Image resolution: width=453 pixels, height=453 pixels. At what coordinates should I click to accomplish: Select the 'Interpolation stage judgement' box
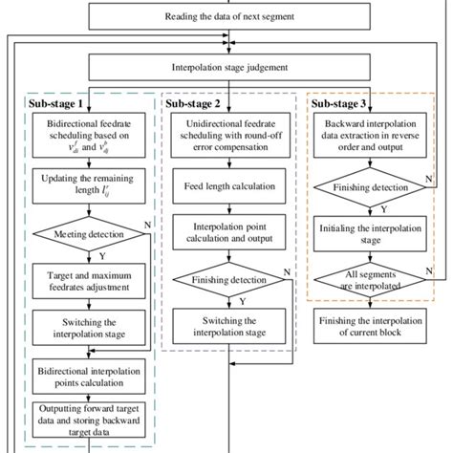pyautogui.click(x=229, y=69)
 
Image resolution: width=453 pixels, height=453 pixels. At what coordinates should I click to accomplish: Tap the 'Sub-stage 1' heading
pyautogui.click(x=58, y=102)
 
